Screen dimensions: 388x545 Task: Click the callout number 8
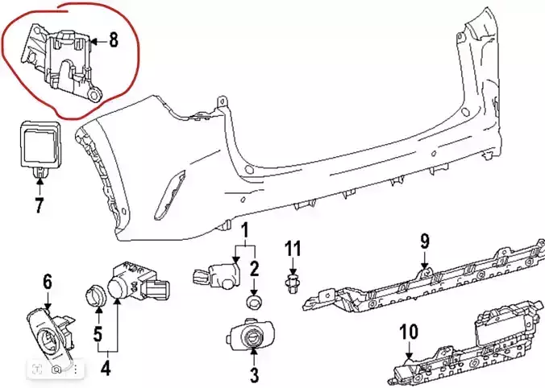pyautogui.click(x=114, y=40)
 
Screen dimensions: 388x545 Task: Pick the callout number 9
pyautogui.click(x=425, y=240)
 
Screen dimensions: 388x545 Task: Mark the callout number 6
pyautogui.click(x=47, y=282)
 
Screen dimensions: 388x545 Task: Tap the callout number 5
pyautogui.click(x=97, y=332)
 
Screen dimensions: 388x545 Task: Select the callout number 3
pyautogui.click(x=254, y=374)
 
